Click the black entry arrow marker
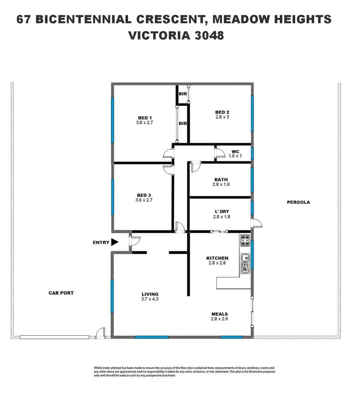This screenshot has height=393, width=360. [x=114, y=243]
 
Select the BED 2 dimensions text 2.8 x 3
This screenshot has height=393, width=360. [x=222, y=117]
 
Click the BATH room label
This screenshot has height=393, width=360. [x=221, y=180]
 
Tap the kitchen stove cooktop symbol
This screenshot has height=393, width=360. [x=244, y=239]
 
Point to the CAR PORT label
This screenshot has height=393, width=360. [x=61, y=293]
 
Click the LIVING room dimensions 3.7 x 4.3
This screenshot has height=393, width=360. [x=150, y=299]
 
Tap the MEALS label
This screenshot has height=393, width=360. [x=219, y=314]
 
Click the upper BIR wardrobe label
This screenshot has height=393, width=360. [x=182, y=94]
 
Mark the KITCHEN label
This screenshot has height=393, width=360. [x=217, y=258]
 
